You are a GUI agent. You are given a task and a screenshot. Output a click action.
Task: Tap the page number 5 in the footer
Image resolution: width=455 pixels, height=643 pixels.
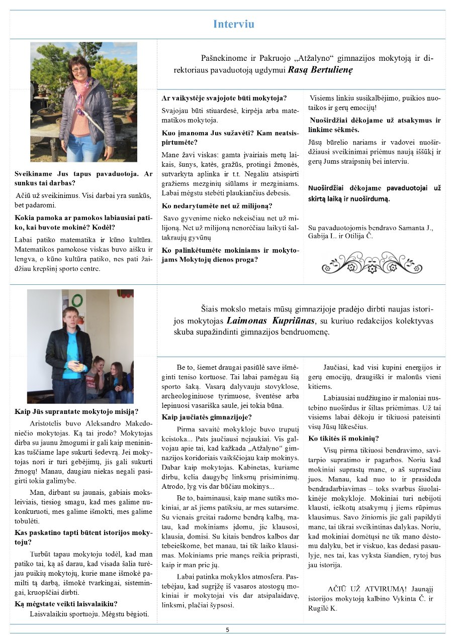227,629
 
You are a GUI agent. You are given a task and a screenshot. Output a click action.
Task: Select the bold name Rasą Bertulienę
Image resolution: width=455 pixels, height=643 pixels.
320,70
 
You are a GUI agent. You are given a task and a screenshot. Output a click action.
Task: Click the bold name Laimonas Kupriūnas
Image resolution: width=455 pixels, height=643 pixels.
270,320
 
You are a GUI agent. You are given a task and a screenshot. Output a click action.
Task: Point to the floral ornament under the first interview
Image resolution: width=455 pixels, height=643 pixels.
372,262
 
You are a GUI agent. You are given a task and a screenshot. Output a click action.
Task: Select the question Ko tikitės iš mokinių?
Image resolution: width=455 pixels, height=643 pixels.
343,438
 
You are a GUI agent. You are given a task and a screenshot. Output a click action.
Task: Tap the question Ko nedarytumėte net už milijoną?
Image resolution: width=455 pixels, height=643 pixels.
217,205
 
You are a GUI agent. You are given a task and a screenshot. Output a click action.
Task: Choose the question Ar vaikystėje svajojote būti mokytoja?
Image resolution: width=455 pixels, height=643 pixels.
224,98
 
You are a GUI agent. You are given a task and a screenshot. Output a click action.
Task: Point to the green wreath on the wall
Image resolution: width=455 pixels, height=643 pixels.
77,300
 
